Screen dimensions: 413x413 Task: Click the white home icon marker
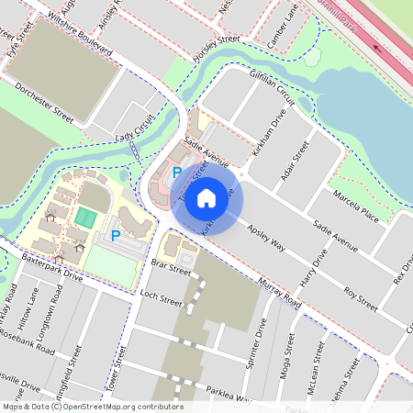[x=206, y=197]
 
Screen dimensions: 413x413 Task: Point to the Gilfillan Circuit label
[x=270, y=89]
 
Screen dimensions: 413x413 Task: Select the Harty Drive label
[x=313, y=266]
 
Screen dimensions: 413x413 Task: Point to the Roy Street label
[x=361, y=298]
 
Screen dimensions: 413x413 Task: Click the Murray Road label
[x=280, y=294]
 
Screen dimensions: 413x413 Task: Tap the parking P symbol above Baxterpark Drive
[x=116, y=236]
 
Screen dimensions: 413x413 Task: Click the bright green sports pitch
[x=85, y=218]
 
